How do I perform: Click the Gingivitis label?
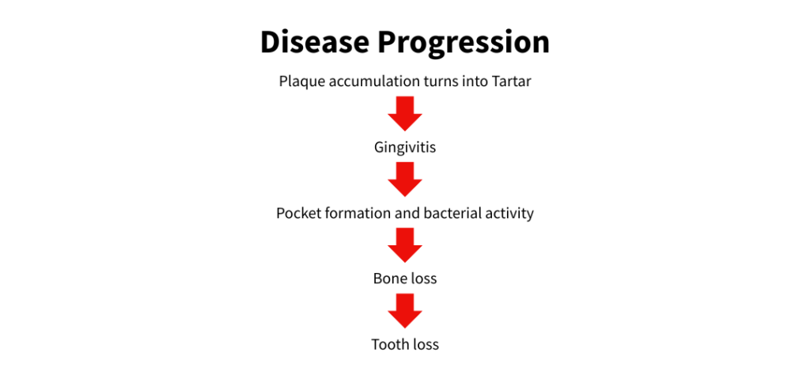(x=405, y=148)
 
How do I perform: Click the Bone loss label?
(x=405, y=279)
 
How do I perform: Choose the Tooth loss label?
(x=405, y=344)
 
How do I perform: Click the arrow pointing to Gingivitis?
(x=405, y=114)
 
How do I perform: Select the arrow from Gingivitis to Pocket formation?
(x=405, y=180)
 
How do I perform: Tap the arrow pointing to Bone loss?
(x=405, y=244)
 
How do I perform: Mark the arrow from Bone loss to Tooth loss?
(x=405, y=310)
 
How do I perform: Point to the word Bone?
(x=388, y=279)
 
